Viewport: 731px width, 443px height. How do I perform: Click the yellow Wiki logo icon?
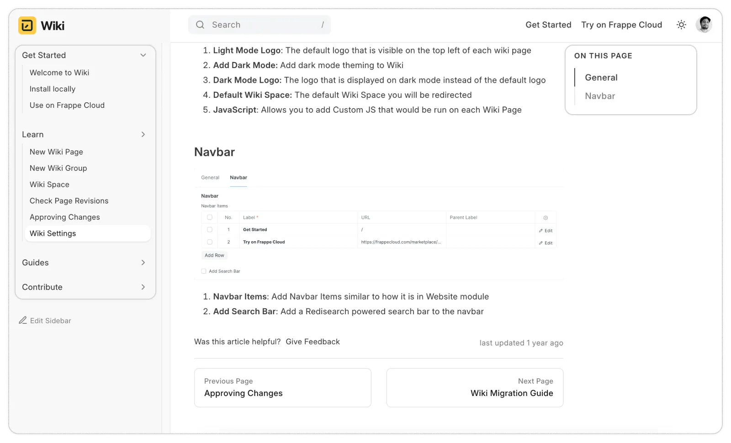coord(27,26)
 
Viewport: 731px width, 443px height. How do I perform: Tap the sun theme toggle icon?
coord(681,25)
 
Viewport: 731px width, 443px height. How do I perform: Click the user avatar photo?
coord(704,25)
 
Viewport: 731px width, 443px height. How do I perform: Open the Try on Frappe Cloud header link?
coord(621,25)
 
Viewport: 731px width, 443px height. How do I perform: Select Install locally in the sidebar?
coord(53,89)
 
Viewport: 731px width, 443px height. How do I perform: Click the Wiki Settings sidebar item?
coord(53,233)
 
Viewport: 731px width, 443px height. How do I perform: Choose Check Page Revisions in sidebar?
coord(69,201)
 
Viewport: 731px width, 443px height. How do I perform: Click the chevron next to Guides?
coord(143,263)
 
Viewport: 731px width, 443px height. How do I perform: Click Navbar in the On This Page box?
coord(600,96)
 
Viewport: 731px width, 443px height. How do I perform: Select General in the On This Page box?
coord(601,78)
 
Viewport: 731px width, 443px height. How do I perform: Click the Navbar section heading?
coord(214,152)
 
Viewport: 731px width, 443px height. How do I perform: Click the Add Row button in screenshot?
coord(214,255)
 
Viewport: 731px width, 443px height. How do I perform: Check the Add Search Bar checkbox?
coord(204,271)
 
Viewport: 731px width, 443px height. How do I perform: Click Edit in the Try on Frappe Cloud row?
coord(546,243)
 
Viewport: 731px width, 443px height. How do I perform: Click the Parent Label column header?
coord(463,217)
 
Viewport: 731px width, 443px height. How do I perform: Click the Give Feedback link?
coord(313,342)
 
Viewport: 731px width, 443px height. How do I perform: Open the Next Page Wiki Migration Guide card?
coord(475,388)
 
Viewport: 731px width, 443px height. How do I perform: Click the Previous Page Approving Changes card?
coord(282,388)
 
